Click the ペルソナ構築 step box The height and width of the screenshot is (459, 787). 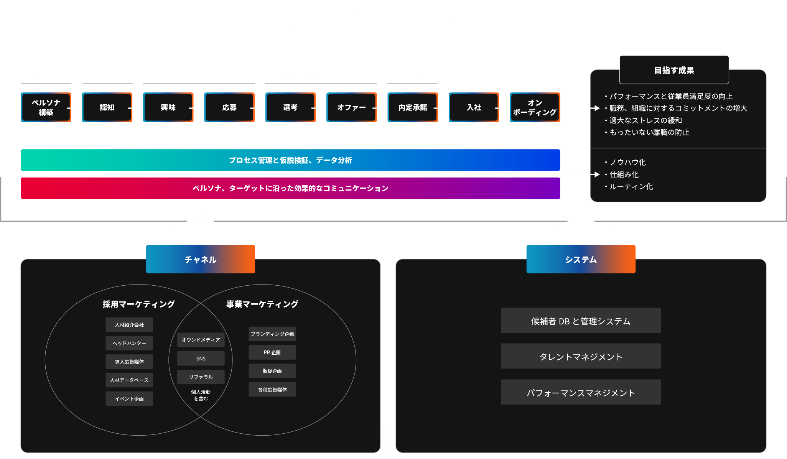click(46, 107)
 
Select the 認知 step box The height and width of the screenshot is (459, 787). click(107, 107)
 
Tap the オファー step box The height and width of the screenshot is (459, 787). click(351, 107)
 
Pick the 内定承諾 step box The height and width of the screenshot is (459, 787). click(413, 107)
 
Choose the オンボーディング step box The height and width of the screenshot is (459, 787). click(535, 107)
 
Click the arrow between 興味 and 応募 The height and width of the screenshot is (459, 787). click(196, 108)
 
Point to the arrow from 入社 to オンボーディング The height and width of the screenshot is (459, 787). click(502, 108)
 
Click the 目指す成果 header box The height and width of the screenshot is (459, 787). click(674, 70)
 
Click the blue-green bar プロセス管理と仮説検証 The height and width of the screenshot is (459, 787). click(290, 160)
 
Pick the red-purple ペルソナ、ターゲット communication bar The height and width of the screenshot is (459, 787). click(290, 188)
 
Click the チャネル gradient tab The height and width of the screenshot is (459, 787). click(200, 259)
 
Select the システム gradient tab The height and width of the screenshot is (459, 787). click(581, 259)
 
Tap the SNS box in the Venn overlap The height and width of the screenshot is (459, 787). click(201, 359)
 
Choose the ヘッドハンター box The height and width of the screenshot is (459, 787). click(129, 343)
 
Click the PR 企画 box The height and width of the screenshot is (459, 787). click(272, 352)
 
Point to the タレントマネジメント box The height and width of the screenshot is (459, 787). click(581, 356)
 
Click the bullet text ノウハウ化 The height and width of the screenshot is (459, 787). click(627, 162)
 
